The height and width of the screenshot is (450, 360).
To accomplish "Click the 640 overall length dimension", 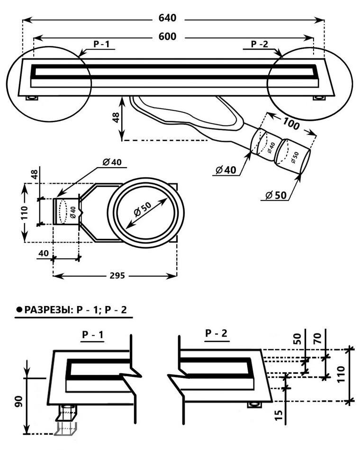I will [167, 18].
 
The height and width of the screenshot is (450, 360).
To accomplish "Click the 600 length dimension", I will [167, 36].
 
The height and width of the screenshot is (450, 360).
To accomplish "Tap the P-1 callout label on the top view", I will [101, 44].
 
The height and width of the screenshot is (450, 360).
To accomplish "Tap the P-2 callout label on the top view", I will [260, 44].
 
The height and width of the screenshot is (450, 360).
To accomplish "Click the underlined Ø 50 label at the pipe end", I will [274, 195].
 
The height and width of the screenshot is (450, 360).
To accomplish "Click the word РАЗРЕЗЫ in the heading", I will [46, 310].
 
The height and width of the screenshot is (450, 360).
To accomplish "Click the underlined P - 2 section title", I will [216, 333].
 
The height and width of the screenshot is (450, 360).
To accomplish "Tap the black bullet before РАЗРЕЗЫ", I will [19, 310].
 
